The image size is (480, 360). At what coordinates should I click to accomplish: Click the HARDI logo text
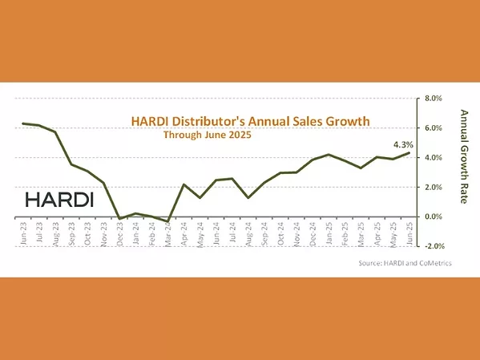(60, 198)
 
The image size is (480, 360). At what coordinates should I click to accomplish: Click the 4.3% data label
(402, 144)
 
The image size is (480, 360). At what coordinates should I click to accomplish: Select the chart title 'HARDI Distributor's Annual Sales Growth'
(250, 121)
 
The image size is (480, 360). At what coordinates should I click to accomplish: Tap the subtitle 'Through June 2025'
(207, 136)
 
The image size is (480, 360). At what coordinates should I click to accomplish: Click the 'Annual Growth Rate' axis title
(463, 156)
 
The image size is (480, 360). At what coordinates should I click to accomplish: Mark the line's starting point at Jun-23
(22, 123)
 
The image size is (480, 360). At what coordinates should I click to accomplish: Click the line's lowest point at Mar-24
(167, 221)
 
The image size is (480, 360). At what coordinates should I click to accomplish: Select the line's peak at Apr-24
(184, 184)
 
